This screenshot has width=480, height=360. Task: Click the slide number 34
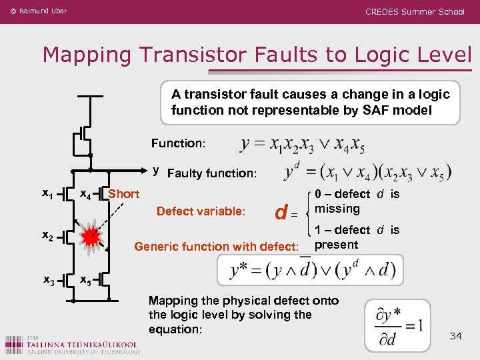(x=456, y=335)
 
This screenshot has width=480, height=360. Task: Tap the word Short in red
(x=124, y=194)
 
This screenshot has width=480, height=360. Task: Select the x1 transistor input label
(x=47, y=193)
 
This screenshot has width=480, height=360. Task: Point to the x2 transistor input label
(x=47, y=235)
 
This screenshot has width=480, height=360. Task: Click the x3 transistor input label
(x=47, y=281)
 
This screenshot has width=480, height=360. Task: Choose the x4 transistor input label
(x=85, y=195)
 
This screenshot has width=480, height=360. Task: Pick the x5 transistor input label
(x=85, y=281)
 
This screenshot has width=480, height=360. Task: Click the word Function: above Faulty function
(x=179, y=143)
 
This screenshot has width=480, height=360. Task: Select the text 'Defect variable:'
(x=201, y=211)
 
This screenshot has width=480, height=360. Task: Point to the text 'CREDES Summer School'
(x=415, y=11)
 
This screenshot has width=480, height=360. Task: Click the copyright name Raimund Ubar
(x=43, y=11)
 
